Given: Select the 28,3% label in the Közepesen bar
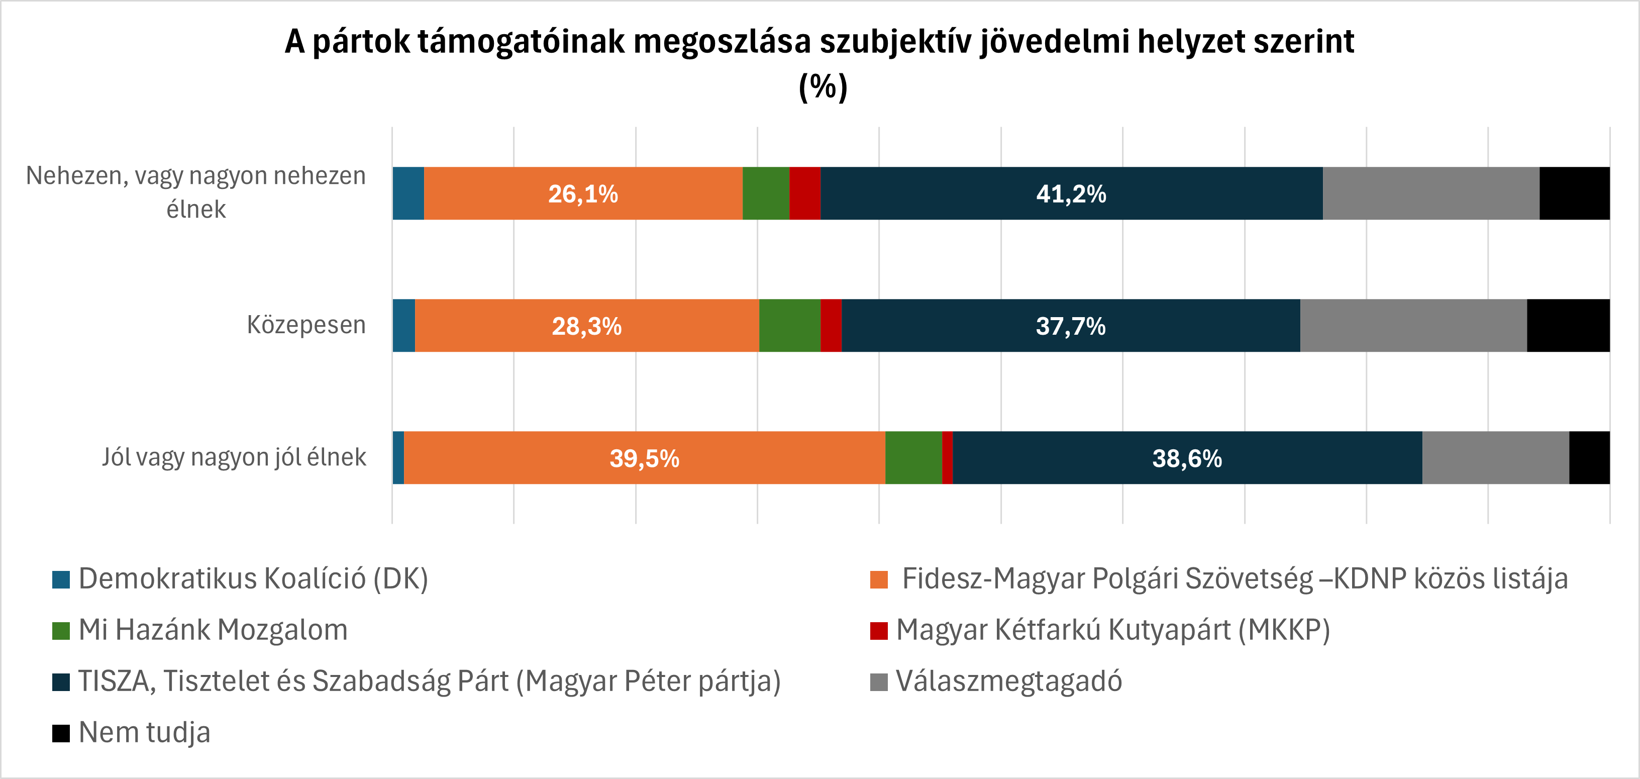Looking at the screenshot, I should (586, 326).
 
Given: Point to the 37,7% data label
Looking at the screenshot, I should (1070, 326).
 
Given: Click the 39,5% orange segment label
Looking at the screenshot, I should (644, 459).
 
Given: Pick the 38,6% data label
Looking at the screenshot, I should (1187, 459).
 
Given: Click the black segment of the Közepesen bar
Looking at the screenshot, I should (1568, 326).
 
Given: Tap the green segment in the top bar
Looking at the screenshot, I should (765, 193).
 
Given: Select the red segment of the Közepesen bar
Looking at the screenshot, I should (831, 326).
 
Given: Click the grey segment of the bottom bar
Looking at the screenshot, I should (1495, 458).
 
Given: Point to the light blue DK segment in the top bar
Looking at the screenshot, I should (408, 193).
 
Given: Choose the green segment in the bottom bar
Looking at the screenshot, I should (913, 458).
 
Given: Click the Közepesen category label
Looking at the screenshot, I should (306, 325).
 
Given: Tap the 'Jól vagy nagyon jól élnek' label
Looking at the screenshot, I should (234, 457).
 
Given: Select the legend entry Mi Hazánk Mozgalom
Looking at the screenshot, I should (213, 630).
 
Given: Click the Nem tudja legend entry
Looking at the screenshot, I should (144, 732).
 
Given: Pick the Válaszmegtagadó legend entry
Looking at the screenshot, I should (1008, 681).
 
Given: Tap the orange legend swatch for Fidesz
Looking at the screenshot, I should (879, 579).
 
